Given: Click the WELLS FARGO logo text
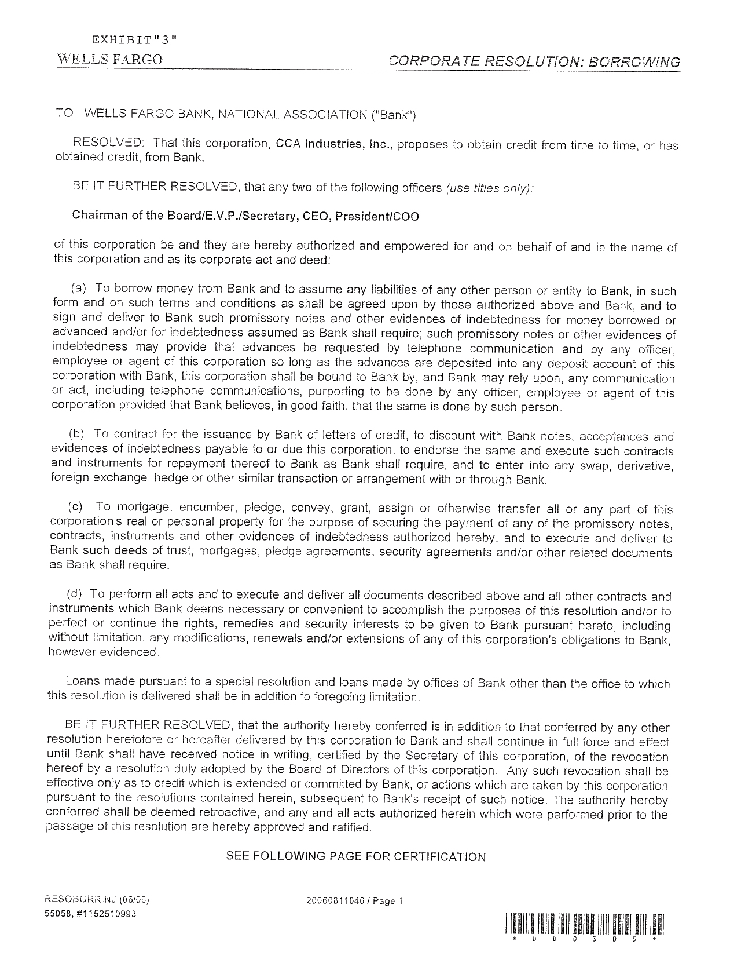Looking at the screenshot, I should pos(109,60).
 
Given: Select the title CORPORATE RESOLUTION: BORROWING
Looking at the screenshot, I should pos(534,62).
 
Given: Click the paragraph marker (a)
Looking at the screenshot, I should pos(79,289).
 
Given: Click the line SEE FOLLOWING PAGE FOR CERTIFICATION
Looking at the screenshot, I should pos(355,856).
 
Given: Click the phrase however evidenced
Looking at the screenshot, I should pos(102,652).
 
